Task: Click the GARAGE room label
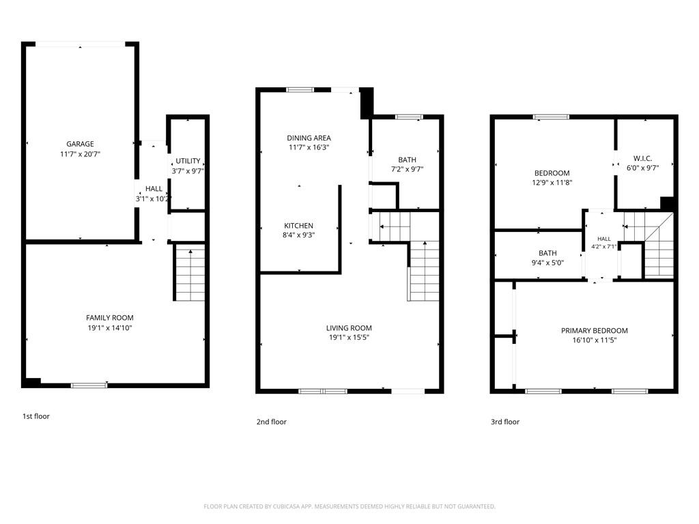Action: [x=81, y=144]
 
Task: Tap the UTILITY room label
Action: [x=188, y=161]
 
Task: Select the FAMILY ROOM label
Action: [x=110, y=318]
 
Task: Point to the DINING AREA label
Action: [x=309, y=138]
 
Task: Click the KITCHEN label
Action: [x=299, y=225]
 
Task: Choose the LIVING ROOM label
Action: [x=349, y=328]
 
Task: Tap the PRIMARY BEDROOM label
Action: [x=595, y=331]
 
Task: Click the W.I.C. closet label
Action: [x=643, y=158]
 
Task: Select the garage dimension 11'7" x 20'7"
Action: [x=81, y=154]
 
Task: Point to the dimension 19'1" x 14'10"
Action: [x=110, y=328]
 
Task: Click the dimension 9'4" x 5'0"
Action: [x=548, y=263]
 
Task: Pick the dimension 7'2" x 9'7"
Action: [x=407, y=169]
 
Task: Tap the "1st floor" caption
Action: [x=36, y=416]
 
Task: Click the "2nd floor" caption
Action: [x=272, y=422]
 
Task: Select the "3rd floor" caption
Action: [x=505, y=422]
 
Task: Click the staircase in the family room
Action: [x=190, y=272]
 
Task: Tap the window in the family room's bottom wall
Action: [x=89, y=385]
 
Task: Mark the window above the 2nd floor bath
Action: [x=409, y=117]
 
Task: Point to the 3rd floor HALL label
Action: [x=604, y=239]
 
